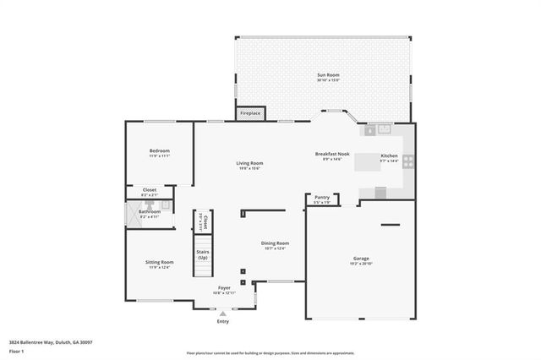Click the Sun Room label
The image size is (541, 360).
pos(328,75)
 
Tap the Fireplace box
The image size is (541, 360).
pos(250,112)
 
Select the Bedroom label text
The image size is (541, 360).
pos(160,150)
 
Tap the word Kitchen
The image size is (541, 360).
pos(389,155)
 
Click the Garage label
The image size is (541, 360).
pos(361,258)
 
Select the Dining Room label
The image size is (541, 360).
pos(275,243)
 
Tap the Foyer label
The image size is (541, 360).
pos(224,287)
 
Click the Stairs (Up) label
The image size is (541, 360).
pos(203,254)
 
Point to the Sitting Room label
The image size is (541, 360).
pos(160,262)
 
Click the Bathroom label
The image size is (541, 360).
pos(150,211)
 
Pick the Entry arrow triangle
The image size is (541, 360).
pos(223,313)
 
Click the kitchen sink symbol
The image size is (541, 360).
pos(379,129)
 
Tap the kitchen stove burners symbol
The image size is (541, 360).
pos(407,161)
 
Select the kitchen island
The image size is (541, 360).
pos(367,161)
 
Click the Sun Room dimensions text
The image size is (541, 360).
pos(328,80)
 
